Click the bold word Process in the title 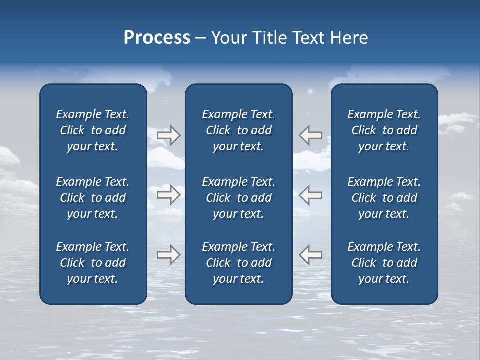click(x=157, y=38)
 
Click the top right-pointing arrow click(x=168, y=135)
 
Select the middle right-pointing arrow click(x=168, y=195)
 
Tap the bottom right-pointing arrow click(x=168, y=255)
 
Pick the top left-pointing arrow click(x=311, y=135)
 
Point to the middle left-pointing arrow click(x=311, y=195)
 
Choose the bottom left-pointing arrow click(x=311, y=255)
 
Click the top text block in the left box click(x=93, y=130)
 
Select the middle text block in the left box click(x=93, y=198)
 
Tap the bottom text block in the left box click(x=93, y=263)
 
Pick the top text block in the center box click(x=238, y=130)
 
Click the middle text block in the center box click(x=238, y=198)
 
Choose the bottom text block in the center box click(x=238, y=263)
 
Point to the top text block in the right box click(x=384, y=130)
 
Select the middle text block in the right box click(x=384, y=198)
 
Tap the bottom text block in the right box click(x=384, y=263)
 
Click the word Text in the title click(x=307, y=38)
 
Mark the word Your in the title click(x=228, y=38)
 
